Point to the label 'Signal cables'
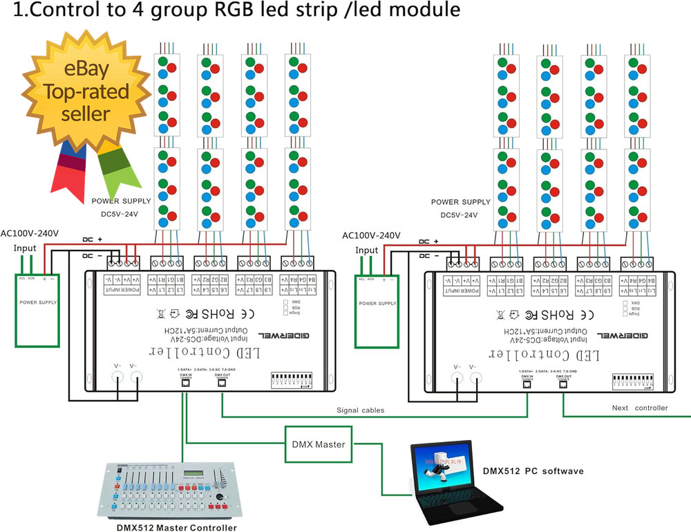[360, 410]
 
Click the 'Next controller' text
[640, 408]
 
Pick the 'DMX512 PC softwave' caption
[533, 471]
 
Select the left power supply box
[37, 311]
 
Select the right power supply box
[377, 311]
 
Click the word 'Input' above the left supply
[25, 248]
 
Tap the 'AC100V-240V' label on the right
[372, 235]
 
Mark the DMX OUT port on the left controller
[220, 385]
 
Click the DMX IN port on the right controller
[527, 385]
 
